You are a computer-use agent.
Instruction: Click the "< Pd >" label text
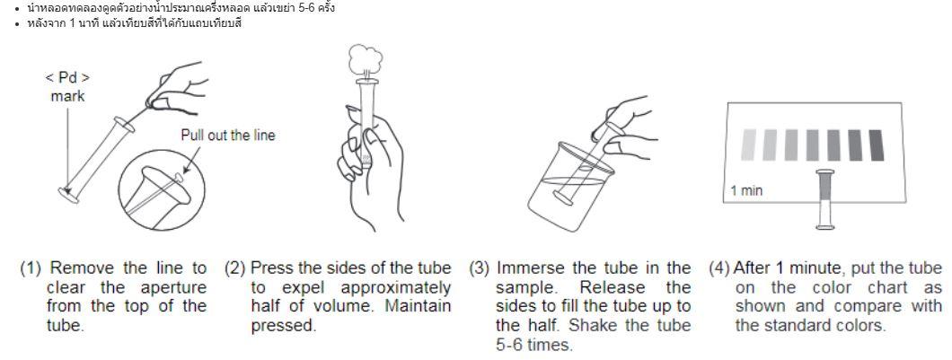coord(67,78)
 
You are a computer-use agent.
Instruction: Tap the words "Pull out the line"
coord(228,135)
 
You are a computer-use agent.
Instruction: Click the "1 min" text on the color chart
coord(746,190)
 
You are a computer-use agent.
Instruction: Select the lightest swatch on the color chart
coord(749,145)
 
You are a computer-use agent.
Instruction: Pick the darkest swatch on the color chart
coord(876,145)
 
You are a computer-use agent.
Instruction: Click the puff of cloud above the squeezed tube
coord(366,59)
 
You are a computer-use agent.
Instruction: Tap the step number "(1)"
coord(31,268)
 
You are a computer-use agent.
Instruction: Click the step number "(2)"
coord(235,268)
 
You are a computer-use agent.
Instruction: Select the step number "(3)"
coord(480,268)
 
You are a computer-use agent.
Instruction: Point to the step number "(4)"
coord(719,268)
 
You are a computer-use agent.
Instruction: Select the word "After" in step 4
coord(753,268)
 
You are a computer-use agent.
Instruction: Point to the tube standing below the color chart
coord(825,199)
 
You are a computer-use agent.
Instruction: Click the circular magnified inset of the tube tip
coord(158,190)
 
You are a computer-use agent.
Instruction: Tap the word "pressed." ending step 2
coord(284,326)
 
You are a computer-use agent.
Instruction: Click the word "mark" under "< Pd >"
coord(67,96)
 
